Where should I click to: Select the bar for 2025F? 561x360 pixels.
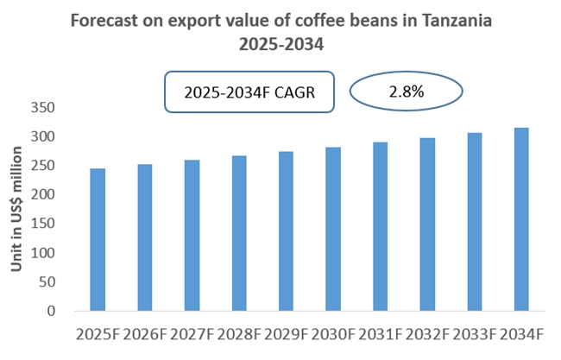pos(97,240)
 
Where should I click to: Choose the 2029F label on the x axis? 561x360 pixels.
pos(286,335)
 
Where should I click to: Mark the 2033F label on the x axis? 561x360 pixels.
pos(474,335)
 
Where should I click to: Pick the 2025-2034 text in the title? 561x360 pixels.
pos(280,43)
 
